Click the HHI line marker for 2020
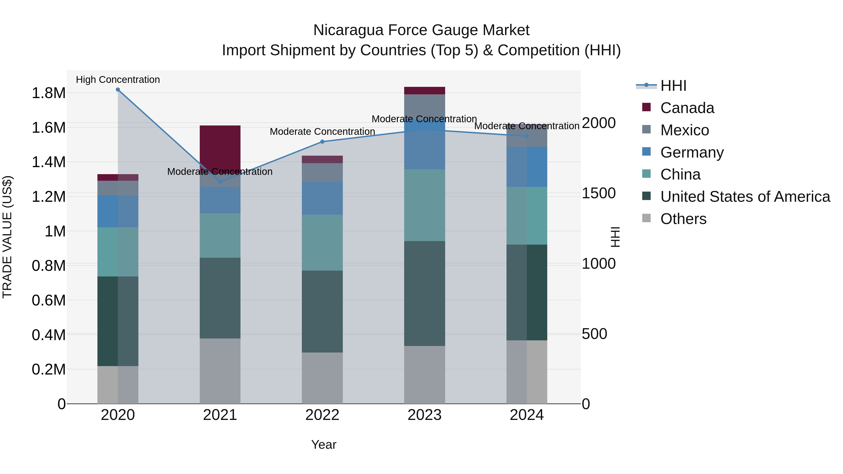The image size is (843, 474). pyautogui.click(x=118, y=90)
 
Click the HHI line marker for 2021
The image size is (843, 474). pyautogui.click(x=220, y=182)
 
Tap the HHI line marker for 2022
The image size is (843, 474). pyautogui.click(x=322, y=142)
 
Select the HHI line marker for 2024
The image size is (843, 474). pyautogui.click(x=527, y=136)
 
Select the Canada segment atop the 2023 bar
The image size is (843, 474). pyautogui.click(x=425, y=91)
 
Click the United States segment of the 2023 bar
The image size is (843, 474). pyautogui.click(x=425, y=294)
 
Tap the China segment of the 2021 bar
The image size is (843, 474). pyautogui.click(x=220, y=235)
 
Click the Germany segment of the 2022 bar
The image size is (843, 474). pyautogui.click(x=322, y=198)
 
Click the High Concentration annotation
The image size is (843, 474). pyautogui.click(x=118, y=80)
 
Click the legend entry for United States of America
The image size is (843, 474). pyautogui.click(x=745, y=197)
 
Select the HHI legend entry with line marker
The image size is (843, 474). pyautogui.click(x=673, y=86)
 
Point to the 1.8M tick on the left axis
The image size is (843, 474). pyautogui.click(x=48, y=93)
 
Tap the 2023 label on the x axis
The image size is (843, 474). pyautogui.click(x=425, y=415)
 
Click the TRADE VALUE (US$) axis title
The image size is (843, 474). pyautogui.click(x=7, y=237)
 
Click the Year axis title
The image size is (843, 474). pyautogui.click(x=324, y=445)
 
